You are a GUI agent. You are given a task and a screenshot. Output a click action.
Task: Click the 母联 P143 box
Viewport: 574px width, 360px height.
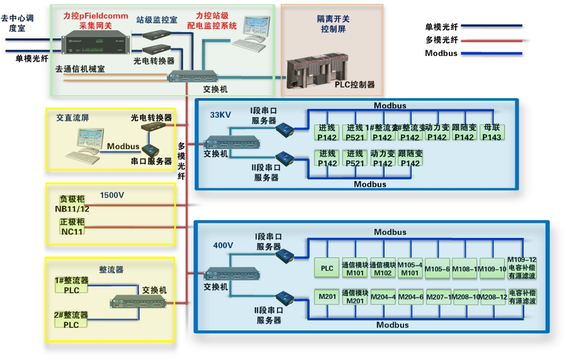[x=492, y=133]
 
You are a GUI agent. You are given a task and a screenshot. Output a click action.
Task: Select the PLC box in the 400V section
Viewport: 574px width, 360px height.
[x=327, y=268]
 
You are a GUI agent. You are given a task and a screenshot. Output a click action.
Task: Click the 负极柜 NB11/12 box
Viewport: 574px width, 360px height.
[x=72, y=203]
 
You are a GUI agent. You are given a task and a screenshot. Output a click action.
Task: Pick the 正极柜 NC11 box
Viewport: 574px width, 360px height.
[x=72, y=227]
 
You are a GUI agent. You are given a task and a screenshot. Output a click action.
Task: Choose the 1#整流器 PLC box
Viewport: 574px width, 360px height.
[x=71, y=285]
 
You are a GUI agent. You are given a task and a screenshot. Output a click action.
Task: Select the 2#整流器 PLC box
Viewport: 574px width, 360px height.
[x=71, y=320]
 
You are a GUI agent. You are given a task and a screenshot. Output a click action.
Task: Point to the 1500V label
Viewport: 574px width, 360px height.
[x=112, y=196]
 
